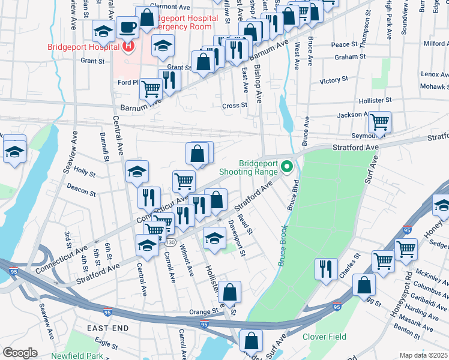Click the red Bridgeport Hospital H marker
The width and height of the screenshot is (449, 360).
point(128,45)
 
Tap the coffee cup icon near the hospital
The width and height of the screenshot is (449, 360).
point(128,27)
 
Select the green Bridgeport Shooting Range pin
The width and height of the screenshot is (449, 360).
point(287,166)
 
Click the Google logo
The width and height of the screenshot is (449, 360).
point(20,353)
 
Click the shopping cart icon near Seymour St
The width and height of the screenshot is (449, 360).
point(379,122)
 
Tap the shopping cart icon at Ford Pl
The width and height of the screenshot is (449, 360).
point(151,89)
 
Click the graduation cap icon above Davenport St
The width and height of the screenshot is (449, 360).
point(214,237)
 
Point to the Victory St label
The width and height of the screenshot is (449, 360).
point(334,80)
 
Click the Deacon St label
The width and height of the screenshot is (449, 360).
point(81,191)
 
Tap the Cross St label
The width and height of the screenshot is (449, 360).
point(235,106)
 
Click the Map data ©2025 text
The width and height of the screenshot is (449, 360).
point(423,355)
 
